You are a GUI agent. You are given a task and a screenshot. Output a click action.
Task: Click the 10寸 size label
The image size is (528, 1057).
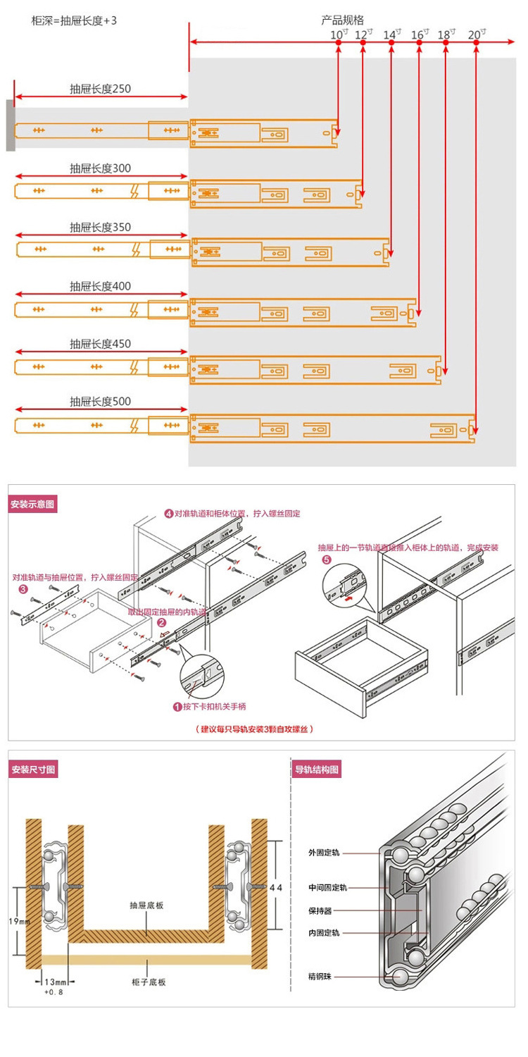pyautogui.click(x=337, y=34)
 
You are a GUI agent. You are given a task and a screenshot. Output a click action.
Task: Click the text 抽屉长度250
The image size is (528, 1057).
pyautogui.click(x=100, y=89)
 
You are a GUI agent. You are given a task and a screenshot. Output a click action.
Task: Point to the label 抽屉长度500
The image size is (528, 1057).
pyautogui.click(x=100, y=402)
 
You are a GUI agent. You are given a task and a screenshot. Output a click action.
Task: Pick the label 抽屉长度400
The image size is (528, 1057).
pyautogui.click(x=100, y=287)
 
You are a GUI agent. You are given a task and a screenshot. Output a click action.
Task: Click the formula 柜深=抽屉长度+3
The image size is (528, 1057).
pyautogui.click(x=74, y=20)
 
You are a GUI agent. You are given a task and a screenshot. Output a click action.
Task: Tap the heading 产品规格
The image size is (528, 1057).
pyautogui.click(x=343, y=20)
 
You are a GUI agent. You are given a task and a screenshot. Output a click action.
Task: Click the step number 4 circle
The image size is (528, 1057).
pyautogui.click(x=169, y=514)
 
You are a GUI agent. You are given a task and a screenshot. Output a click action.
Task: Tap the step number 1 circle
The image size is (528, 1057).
pyautogui.click(x=177, y=706)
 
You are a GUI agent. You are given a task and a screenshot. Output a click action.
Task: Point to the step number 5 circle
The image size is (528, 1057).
pyautogui.click(x=326, y=560)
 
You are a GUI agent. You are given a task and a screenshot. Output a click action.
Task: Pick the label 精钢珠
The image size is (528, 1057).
pyautogui.click(x=323, y=977)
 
